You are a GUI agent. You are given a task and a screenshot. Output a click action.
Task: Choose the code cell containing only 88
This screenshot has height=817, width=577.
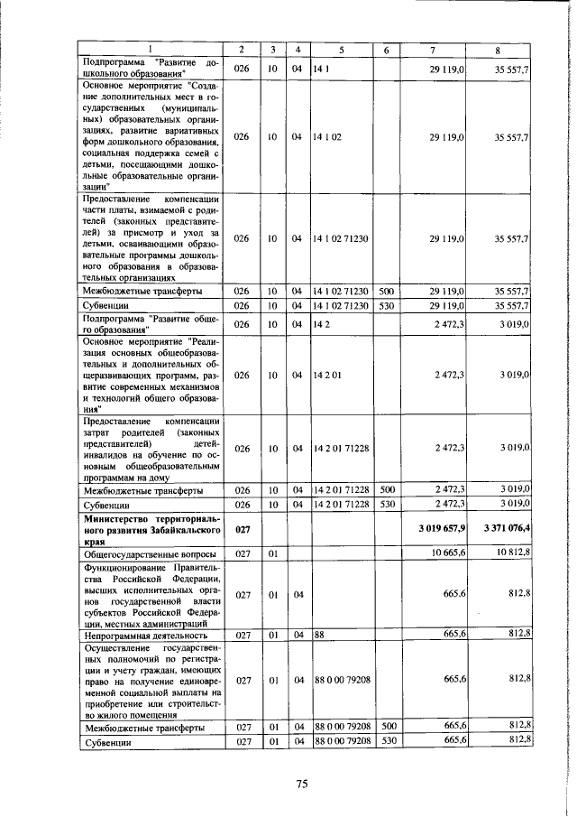pyautogui.click(x=319, y=635)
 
